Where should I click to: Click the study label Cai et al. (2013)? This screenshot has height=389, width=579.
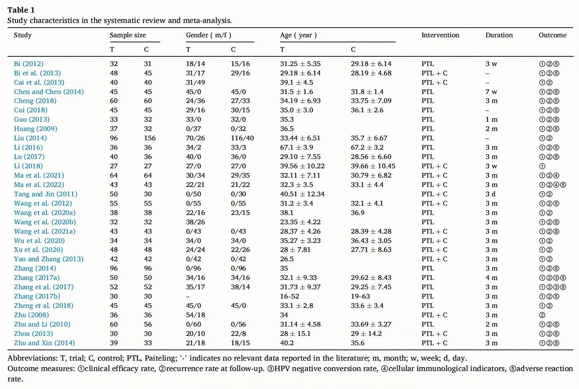click(x=39, y=82)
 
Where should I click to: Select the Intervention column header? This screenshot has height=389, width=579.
click(x=440, y=35)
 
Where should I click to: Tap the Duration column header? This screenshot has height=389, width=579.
click(x=499, y=35)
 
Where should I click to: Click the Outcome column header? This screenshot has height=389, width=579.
click(x=552, y=35)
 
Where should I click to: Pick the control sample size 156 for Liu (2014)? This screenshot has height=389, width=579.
click(x=150, y=138)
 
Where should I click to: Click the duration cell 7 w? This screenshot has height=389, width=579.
click(x=491, y=92)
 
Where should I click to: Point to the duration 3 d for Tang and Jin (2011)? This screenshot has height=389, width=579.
click(x=490, y=194)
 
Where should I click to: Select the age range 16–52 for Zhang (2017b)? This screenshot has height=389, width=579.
click(x=289, y=296)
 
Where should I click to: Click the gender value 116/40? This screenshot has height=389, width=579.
click(x=242, y=138)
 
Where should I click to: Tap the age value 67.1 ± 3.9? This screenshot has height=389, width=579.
click(x=296, y=147)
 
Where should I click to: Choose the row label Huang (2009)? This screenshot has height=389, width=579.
click(x=36, y=129)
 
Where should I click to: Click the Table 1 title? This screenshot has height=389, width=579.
click(x=21, y=10)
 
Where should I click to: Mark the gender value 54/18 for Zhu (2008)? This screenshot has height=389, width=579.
click(x=195, y=315)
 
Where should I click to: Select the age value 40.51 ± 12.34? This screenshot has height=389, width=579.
click(x=302, y=194)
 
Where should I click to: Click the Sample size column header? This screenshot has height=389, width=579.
click(x=128, y=35)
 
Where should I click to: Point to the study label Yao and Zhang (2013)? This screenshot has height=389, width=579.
click(x=48, y=259)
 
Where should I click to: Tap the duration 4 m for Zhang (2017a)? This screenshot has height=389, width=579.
click(x=491, y=278)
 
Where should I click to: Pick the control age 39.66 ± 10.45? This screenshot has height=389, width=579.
click(x=373, y=166)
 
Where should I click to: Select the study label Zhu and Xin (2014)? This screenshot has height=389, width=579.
click(x=44, y=343)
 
